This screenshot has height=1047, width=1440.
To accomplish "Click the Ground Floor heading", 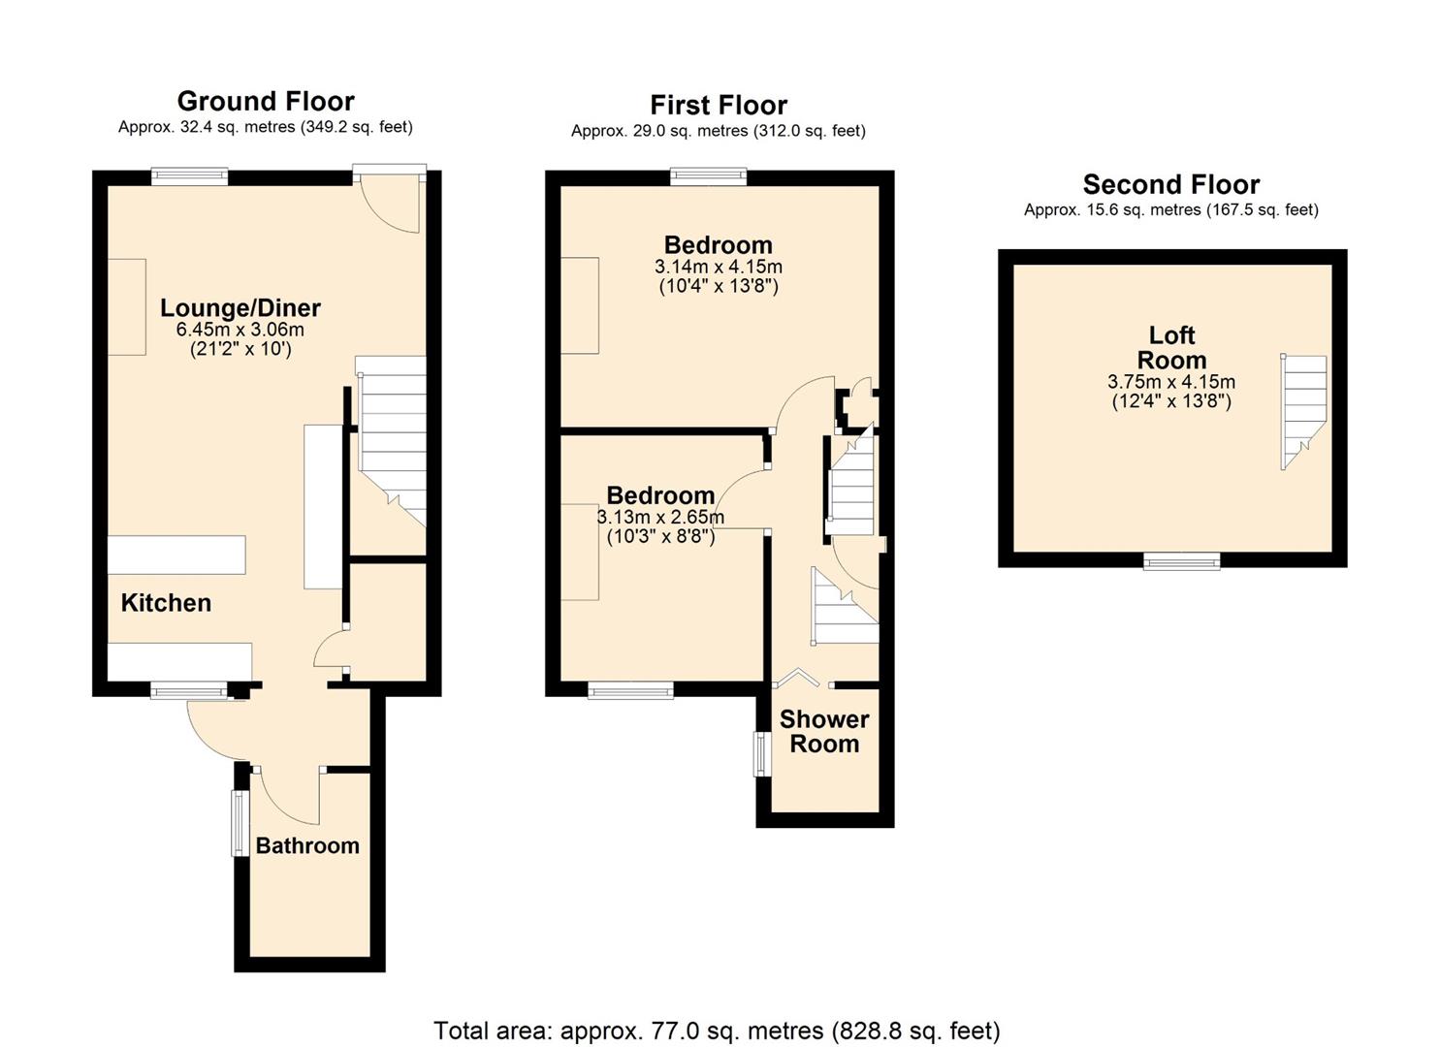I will [266, 101].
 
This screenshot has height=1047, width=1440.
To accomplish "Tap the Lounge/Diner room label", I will [240, 307].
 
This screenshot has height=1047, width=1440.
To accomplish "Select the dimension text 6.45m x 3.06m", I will [240, 330].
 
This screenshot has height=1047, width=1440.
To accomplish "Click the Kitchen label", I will [166, 603].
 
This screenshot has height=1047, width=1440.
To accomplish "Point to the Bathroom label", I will [307, 845].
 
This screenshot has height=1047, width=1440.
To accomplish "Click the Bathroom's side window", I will [240, 823].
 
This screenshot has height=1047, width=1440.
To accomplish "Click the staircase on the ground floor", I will [392, 436].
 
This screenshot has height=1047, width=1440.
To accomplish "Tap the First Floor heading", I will [718, 105].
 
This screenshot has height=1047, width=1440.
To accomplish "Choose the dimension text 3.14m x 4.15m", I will [718, 267].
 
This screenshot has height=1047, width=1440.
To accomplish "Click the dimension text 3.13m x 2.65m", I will [660, 517].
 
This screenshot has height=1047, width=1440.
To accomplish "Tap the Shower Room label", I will [824, 731].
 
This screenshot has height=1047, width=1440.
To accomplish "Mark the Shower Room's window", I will [763, 753].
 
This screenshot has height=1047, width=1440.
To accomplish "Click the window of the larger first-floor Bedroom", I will [708, 176].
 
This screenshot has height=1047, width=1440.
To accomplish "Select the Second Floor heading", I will [1170, 184].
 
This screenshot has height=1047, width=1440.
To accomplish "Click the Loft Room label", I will [1171, 347].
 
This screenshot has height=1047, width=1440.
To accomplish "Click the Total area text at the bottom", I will [717, 1030].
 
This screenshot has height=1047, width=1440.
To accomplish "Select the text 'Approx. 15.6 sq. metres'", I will [1112, 209].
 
